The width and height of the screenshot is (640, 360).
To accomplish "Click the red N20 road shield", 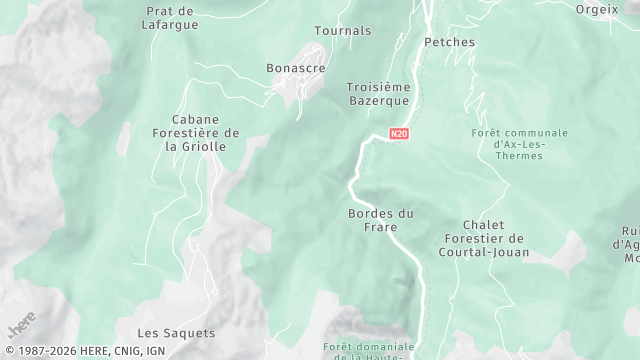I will (400, 133).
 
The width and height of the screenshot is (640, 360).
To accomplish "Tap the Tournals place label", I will (342, 31).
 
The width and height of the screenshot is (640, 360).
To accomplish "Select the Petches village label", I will (448, 42).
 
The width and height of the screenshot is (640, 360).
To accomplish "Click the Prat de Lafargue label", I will (169, 18).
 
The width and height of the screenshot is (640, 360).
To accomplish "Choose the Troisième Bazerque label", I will (378, 95).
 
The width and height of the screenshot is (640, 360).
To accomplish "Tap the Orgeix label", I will (597, 8).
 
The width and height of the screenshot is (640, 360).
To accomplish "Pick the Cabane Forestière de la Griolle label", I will (196, 132).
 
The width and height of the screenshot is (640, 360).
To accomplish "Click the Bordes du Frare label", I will (380, 220).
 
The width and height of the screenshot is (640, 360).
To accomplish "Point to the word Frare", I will (380, 228).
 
